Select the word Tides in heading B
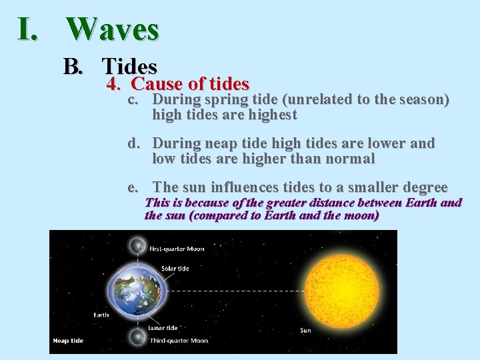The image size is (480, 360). tap(129, 67)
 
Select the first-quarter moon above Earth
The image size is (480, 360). tap(138, 247)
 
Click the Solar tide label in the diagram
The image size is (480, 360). tap(175, 269)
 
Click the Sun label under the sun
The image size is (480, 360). tap(305, 330)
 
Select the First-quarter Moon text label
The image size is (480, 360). tap(177, 249)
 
